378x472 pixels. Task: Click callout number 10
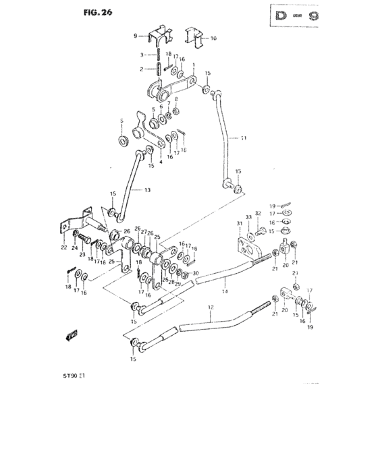[x=213, y=38]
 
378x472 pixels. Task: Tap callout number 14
[x=224, y=291]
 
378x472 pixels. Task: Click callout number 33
[x=248, y=216]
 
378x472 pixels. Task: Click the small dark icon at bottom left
[x=72, y=334]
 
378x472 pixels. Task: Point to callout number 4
[x=152, y=162]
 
